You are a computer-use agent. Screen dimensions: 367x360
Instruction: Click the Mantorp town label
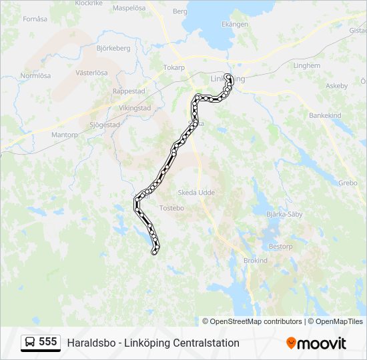point(65,134)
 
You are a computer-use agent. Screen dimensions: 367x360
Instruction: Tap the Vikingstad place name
point(135,107)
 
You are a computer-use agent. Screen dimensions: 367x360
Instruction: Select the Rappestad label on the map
point(129,91)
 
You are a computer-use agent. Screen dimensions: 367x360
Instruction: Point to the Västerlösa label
point(92,72)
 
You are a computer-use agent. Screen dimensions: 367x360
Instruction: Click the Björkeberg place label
point(113,48)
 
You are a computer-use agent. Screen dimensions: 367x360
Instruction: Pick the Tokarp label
point(173,67)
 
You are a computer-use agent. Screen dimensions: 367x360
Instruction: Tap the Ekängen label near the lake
point(234,24)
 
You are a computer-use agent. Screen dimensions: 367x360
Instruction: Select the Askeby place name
point(336,85)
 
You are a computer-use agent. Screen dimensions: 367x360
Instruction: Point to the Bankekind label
point(325,115)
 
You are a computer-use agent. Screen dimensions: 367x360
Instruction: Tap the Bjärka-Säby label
point(284,215)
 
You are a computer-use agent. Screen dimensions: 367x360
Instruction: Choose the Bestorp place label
point(280,246)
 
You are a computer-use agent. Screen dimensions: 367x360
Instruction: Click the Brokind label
point(256,260)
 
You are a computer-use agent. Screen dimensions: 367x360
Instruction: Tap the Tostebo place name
point(171,208)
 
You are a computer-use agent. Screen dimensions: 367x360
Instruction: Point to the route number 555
point(48,342)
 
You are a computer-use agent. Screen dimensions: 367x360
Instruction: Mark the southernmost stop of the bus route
point(155,252)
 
